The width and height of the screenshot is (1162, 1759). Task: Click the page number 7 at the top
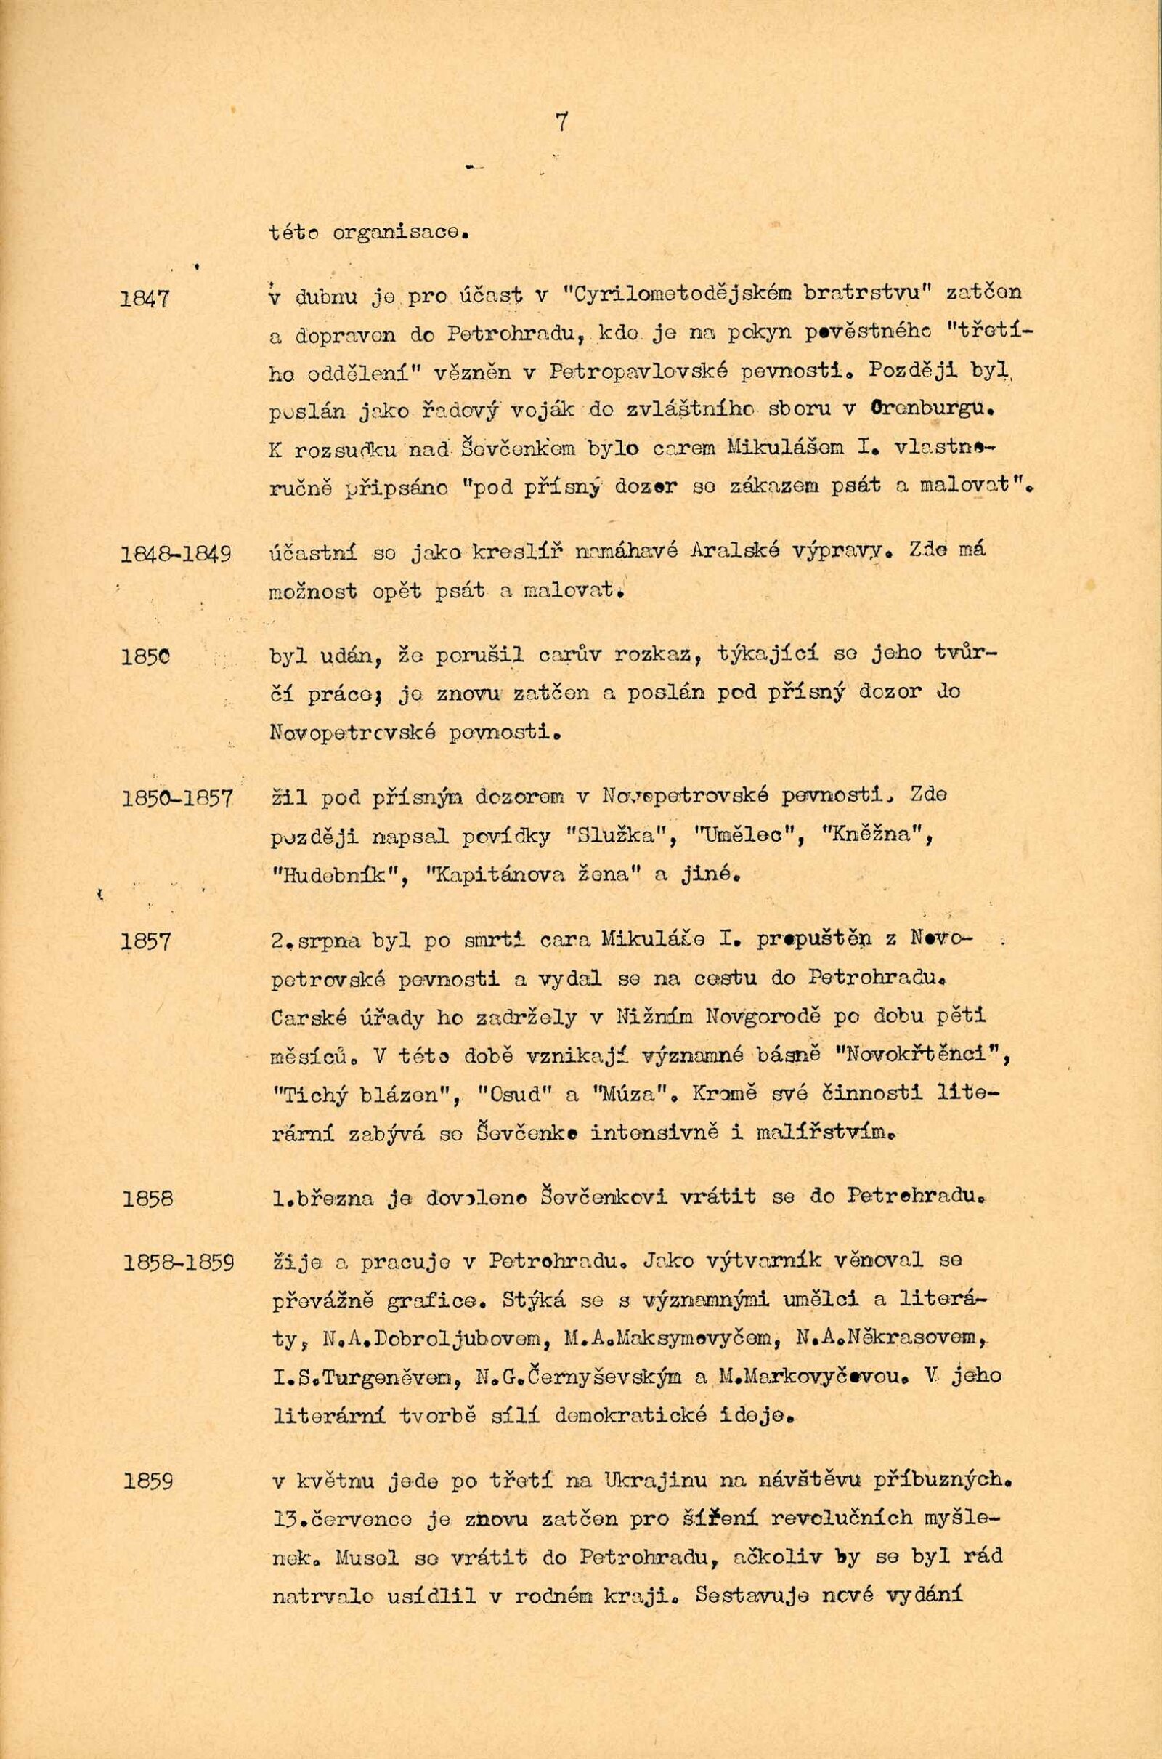coord(560,121)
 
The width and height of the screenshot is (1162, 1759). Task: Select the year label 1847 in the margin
coord(145,299)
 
